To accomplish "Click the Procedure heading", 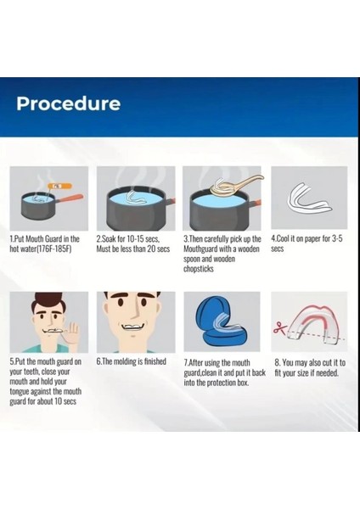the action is pyautogui.click(x=69, y=103).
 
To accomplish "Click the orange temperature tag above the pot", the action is pyautogui.click(x=59, y=186).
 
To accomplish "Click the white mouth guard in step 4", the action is pyautogui.click(x=308, y=199).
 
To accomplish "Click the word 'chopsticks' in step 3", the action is pyautogui.click(x=199, y=269).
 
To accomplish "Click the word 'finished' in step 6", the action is pyautogui.click(x=155, y=361).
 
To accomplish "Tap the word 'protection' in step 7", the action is pyautogui.click(x=222, y=383).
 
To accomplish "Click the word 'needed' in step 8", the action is pyautogui.click(x=327, y=373).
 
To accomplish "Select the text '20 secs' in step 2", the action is pyautogui.click(x=159, y=249).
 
